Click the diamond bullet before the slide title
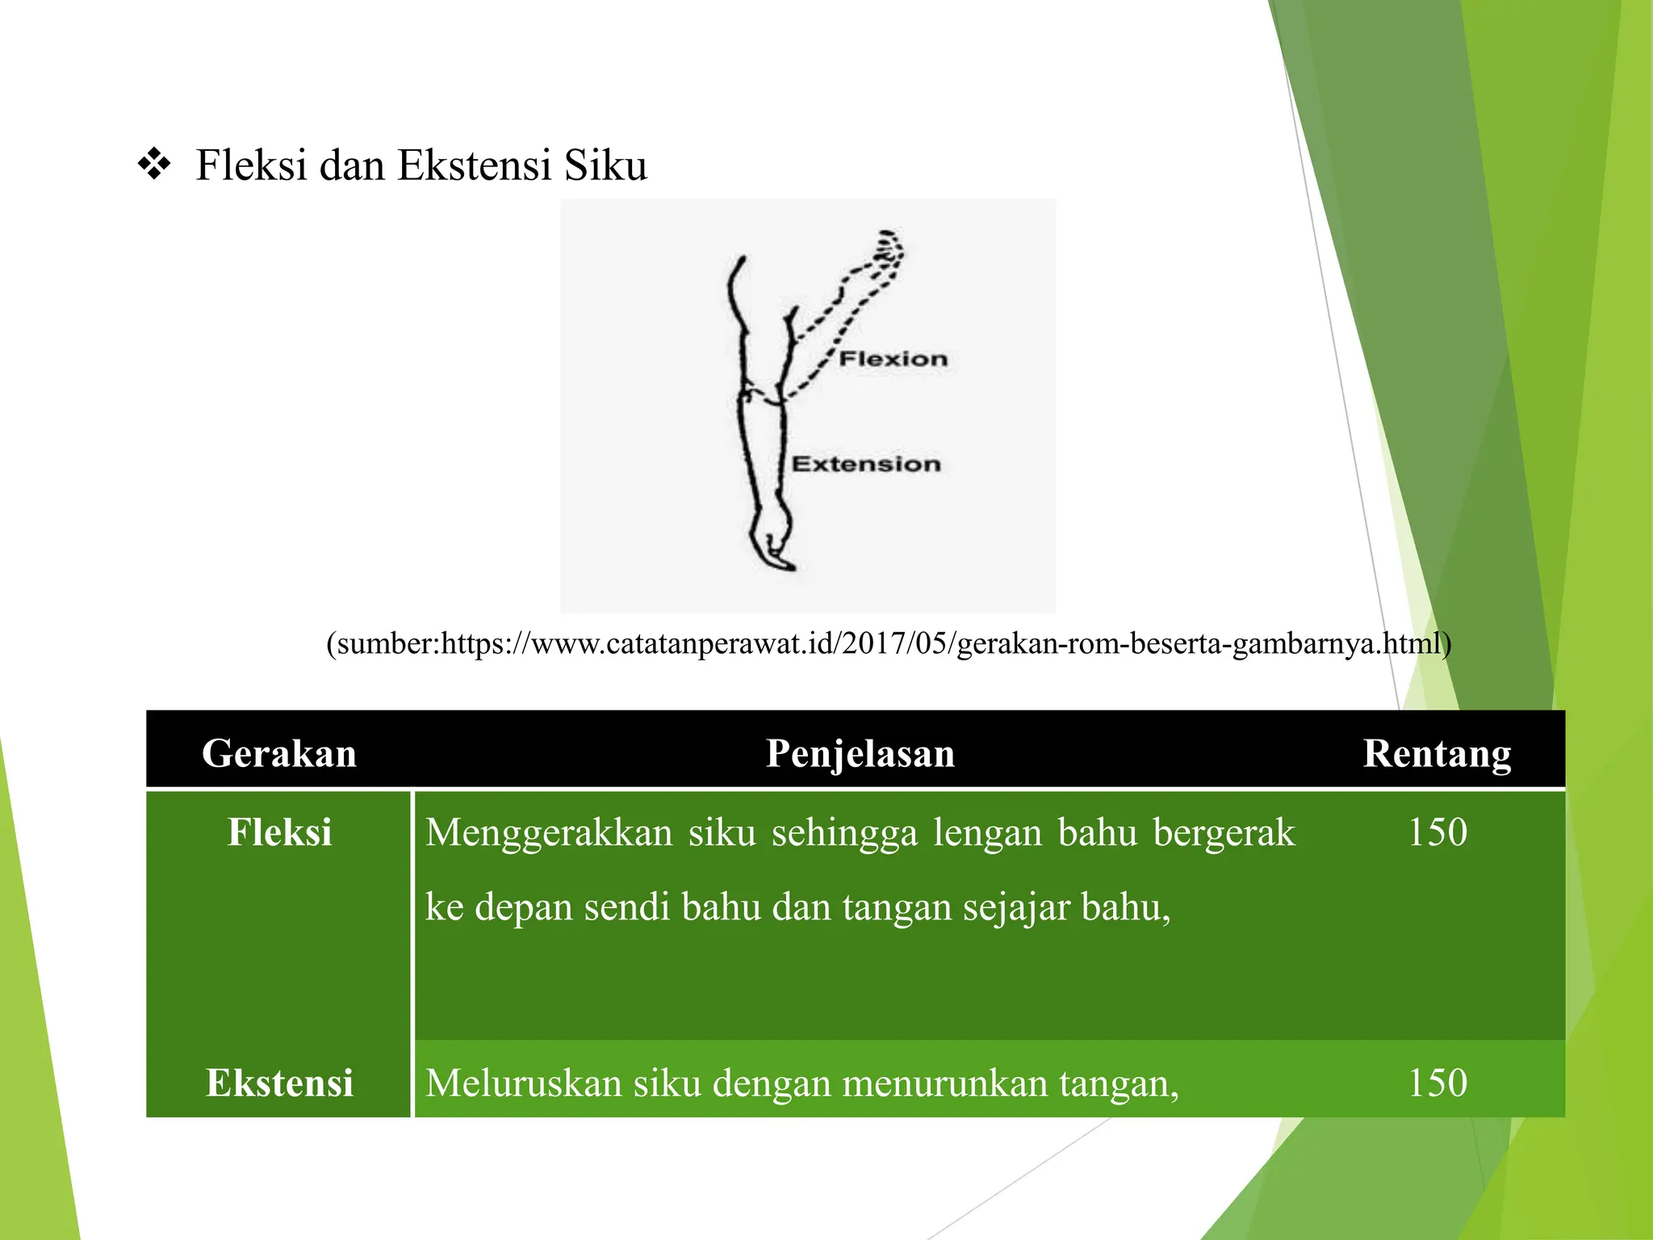click(153, 165)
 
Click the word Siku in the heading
click(605, 165)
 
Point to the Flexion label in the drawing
click(893, 359)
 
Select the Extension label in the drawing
click(866, 464)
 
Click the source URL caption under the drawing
click(889, 643)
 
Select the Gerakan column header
click(279, 753)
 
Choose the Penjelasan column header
click(860, 753)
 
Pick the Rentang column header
click(1437, 753)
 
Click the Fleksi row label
click(279, 832)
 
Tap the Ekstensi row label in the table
click(279, 1083)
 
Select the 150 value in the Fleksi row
click(1437, 832)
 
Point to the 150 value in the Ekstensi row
click(1437, 1083)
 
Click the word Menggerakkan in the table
click(549, 832)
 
